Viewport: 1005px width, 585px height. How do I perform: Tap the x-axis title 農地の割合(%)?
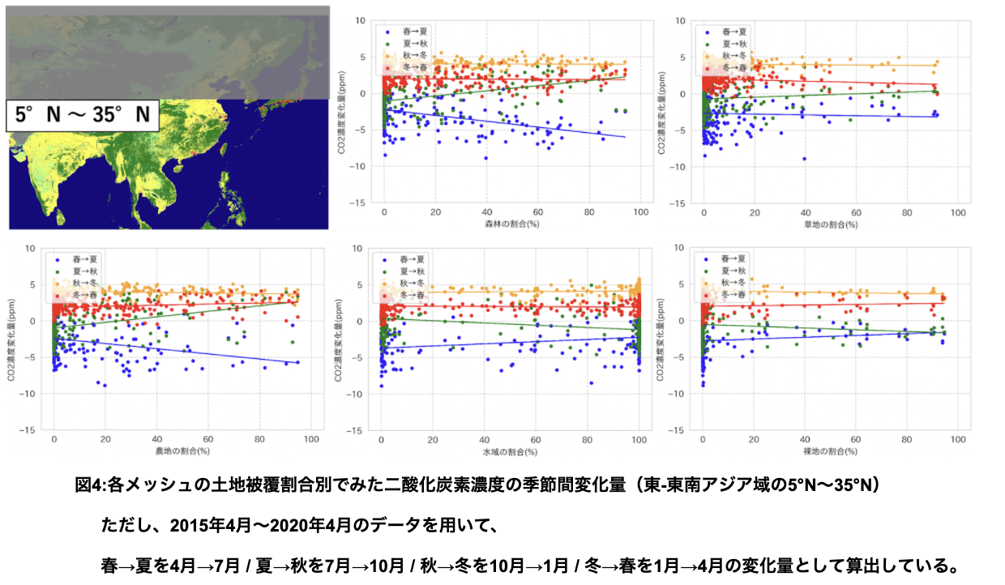point(182,450)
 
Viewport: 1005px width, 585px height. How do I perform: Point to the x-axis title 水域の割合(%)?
point(511,450)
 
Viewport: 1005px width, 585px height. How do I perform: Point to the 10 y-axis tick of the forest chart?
point(359,20)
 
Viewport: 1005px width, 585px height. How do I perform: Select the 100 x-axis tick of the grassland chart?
point(959,212)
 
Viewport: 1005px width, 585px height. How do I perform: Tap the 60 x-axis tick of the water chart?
point(536,439)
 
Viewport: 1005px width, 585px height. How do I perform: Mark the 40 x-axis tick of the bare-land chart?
point(805,439)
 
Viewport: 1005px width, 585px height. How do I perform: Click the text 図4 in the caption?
point(88,485)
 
